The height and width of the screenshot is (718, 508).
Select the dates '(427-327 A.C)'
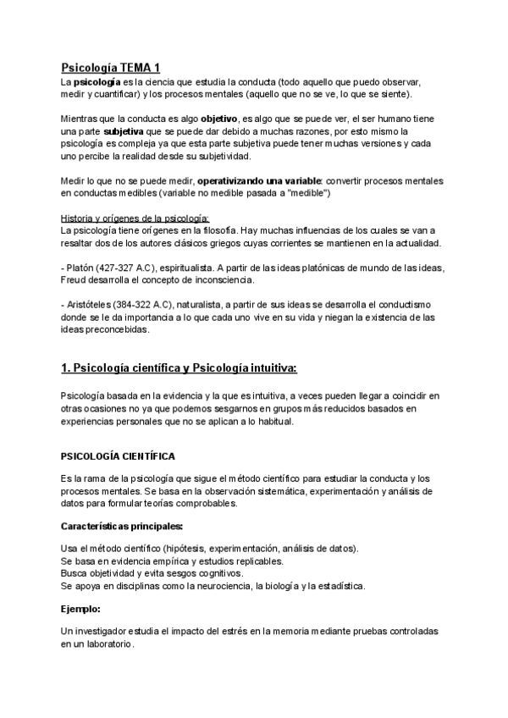pos(130,267)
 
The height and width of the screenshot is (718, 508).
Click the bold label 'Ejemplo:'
pos(80,607)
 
